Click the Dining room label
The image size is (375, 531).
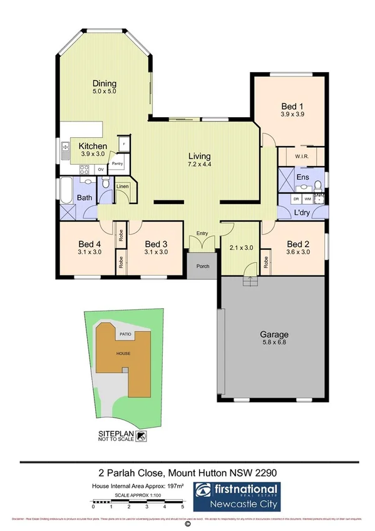pyautogui.click(x=105, y=83)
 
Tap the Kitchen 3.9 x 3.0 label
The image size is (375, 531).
pyautogui.click(x=93, y=147)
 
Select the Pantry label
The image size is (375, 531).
pyautogui.click(x=117, y=164)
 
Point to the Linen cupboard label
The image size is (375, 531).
pyautogui.click(x=123, y=187)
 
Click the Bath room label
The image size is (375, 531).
pyautogui.click(x=85, y=198)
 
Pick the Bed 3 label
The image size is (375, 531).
pyautogui.click(x=156, y=244)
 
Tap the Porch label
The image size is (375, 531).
pyautogui.click(x=202, y=265)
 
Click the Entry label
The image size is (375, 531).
pyautogui.click(x=202, y=234)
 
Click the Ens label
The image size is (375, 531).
pyautogui.click(x=303, y=178)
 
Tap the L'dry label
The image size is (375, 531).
pyautogui.click(x=302, y=213)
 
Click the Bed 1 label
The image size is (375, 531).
pyautogui.click(x=292, y=106)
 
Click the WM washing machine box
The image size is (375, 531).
pyautogui.click(x=307, y=198)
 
